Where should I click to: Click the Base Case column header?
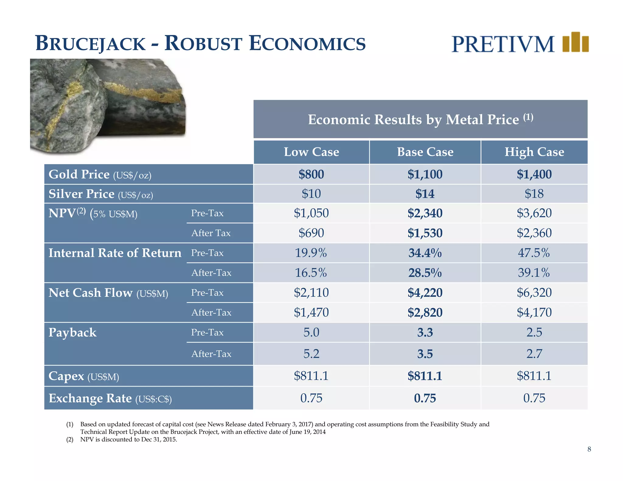pos(425,152)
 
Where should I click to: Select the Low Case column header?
pos(311,152)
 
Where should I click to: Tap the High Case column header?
pos(534,152)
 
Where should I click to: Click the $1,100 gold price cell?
pos(425,174)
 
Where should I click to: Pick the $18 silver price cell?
pos(534,194)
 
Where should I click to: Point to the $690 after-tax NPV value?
pos(311,233)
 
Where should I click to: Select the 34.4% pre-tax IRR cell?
pos(425,253)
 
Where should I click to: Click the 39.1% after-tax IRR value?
pos(534,273)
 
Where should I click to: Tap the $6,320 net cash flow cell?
pos(534,292)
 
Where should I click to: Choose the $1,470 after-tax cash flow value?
pos(311,312)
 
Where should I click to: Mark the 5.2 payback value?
pos(311,354)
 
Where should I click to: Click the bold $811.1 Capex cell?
pos(425,376)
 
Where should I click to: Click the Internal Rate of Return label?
pos(115,253)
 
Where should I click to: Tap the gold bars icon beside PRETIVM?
pos(575,42)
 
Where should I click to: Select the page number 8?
pos(589,449)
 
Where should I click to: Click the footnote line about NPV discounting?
pos(128,440)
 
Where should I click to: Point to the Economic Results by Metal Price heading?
pos(420,119)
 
